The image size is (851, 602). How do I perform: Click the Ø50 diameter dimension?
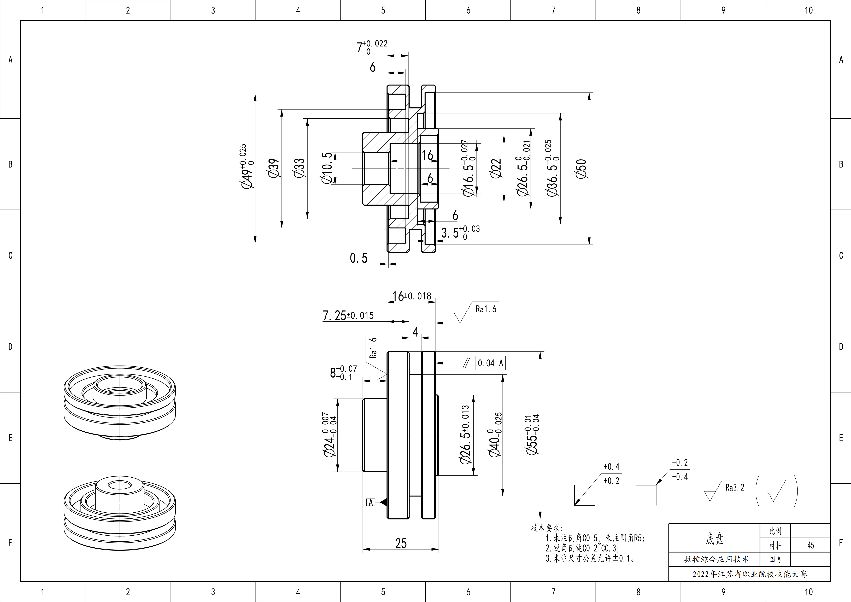coord(582,169)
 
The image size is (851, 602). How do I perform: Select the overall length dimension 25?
coord(401,543)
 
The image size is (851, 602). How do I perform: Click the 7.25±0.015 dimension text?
coord(348,315)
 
